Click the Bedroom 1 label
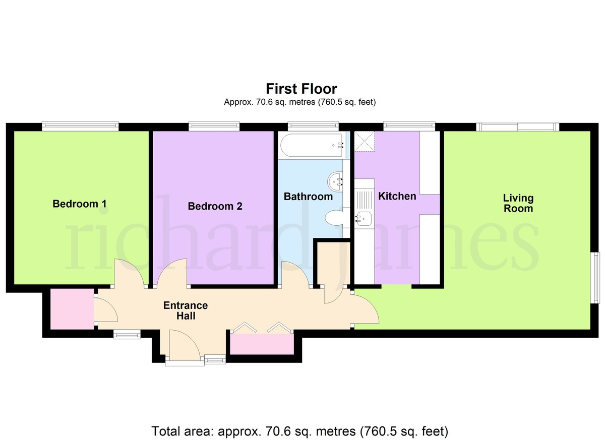pyautogui.click(x=80, y=204)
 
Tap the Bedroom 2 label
pyautogui.click(x=215, y=206)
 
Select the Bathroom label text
pyautogui.click(x=308, y=197)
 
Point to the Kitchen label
pyautogui.click(x=397, y=196)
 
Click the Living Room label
pyautogui.click(x=518, y=203)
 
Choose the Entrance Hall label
pyautogui.click(x=186, y=310)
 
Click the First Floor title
pyautogui.click(x=301, y=89)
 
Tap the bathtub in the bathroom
pyautogui.click(x=313, y=145)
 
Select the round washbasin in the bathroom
pyautogui.click(x=335, y=181)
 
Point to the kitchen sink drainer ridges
pyautogui.click(x=364, y=199)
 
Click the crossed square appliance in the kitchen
pyautogui.click(x=365, y=142)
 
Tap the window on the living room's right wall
pyautogui.click(x=595, y=278)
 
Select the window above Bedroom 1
pyautogui.click(x=80, y=126)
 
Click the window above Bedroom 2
pyautogui.click(x=214, y=126)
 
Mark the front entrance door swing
pyautogui.click(x=185, y=346)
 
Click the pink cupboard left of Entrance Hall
pyautogui.click(x=72, y=309)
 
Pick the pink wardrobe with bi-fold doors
pyautogui.click(x=262, y=344)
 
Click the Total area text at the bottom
pyautogui.click(x=300, y=431)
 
